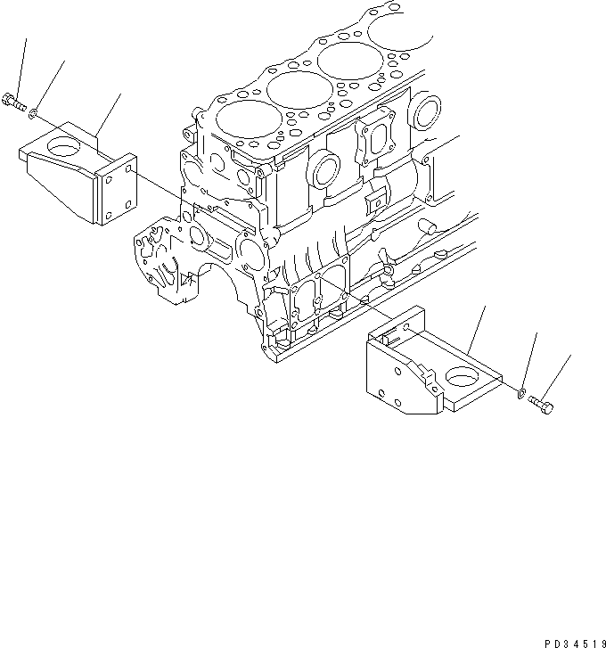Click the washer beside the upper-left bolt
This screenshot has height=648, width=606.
point(33,113)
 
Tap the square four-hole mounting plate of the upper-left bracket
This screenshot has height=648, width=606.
point(118,193)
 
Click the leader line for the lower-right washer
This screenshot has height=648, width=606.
point(531,360)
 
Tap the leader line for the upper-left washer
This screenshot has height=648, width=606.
point(50,85)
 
